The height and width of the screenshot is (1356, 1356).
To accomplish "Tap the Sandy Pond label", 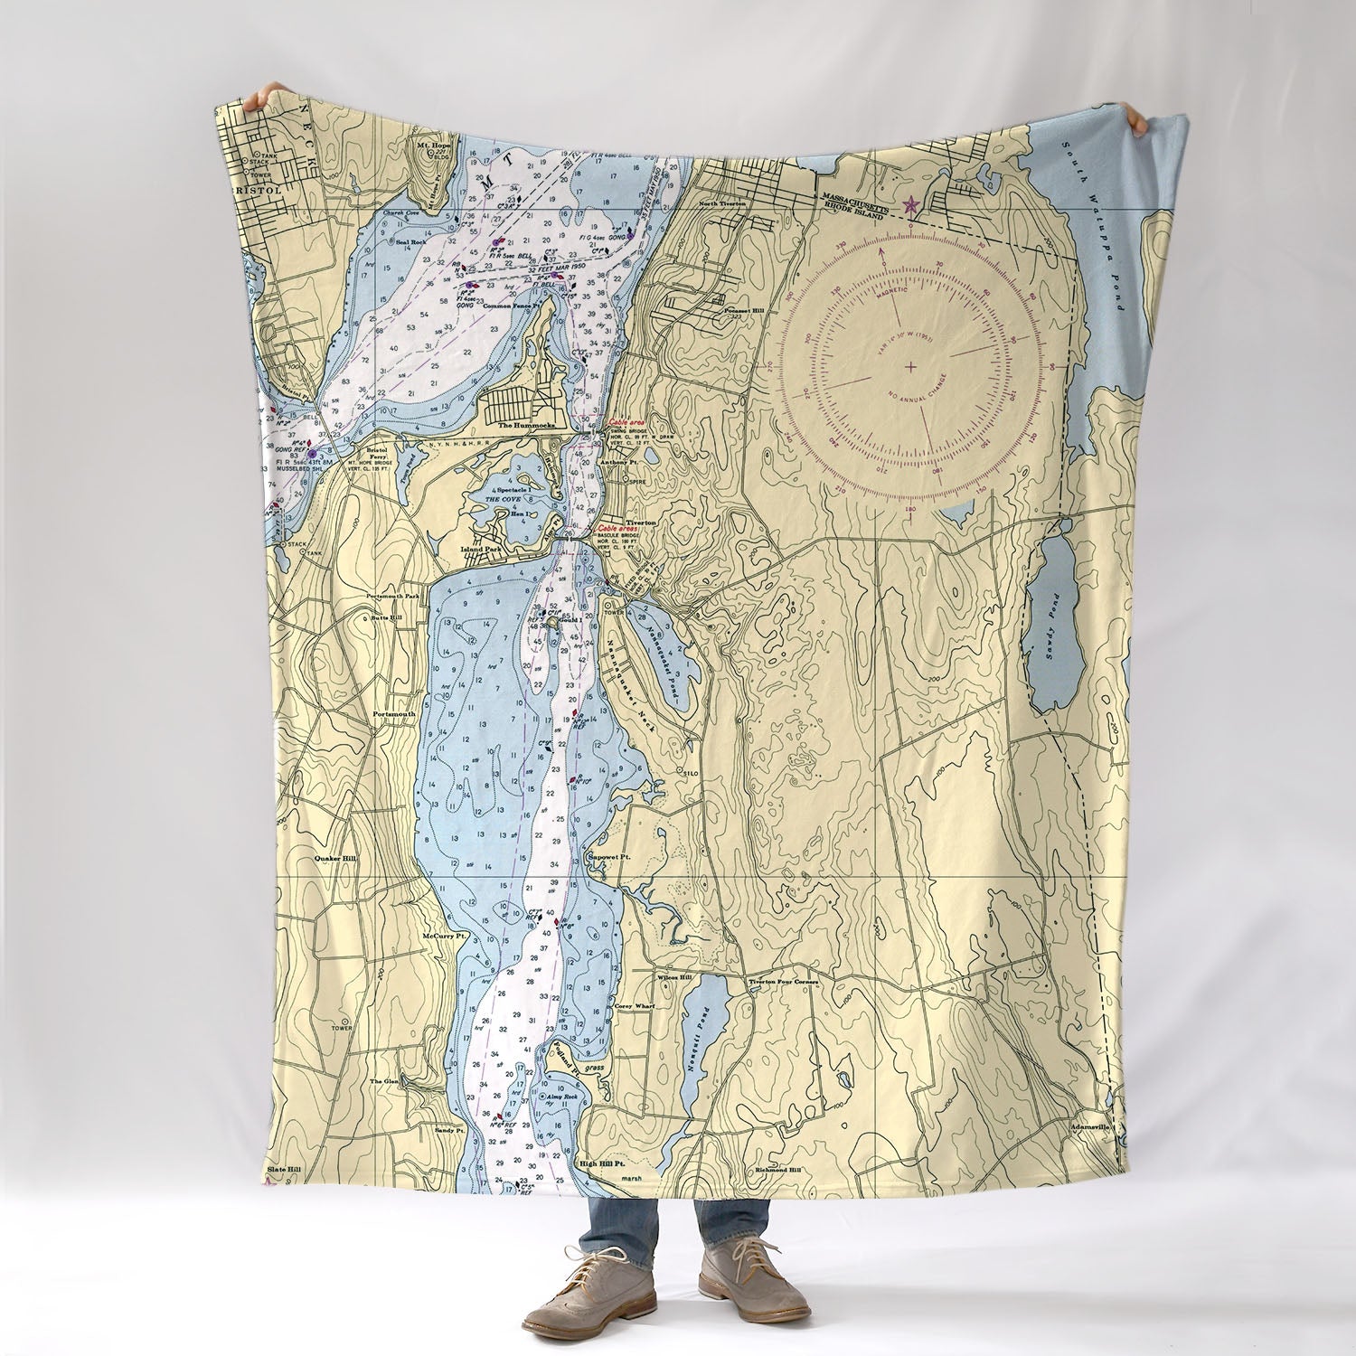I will pos(1050,624).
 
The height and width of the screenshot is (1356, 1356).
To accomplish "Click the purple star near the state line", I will pos(910,205).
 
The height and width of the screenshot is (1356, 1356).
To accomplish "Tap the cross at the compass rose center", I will pos(909,365).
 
